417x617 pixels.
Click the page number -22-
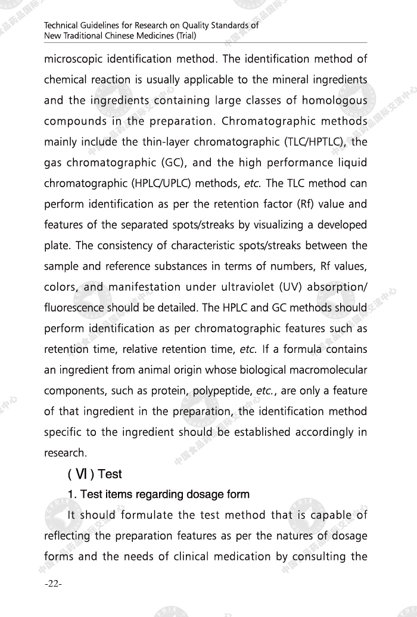(x=53, y=584)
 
